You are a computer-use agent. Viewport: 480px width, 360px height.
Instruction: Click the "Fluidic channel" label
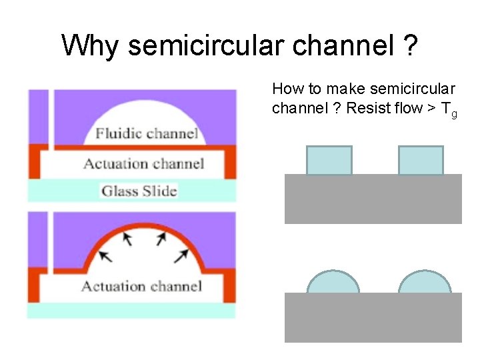(x=147, y=133)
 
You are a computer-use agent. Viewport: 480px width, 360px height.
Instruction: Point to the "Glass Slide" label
(x=139, y=191)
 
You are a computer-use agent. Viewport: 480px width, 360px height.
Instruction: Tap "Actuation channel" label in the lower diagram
(x=141, y=287)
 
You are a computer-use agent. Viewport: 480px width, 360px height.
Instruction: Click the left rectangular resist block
(x=329, y=160)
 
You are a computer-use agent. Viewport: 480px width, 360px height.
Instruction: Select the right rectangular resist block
(x=421, y=160)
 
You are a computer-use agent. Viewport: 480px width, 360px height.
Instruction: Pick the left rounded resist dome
(x=333, y=283)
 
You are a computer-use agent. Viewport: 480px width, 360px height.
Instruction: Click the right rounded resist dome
(x=425, y=283)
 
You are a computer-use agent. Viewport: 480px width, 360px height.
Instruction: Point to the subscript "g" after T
(x=454, y=114)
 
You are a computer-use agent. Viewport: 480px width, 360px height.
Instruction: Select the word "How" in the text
(x=286, y=89)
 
